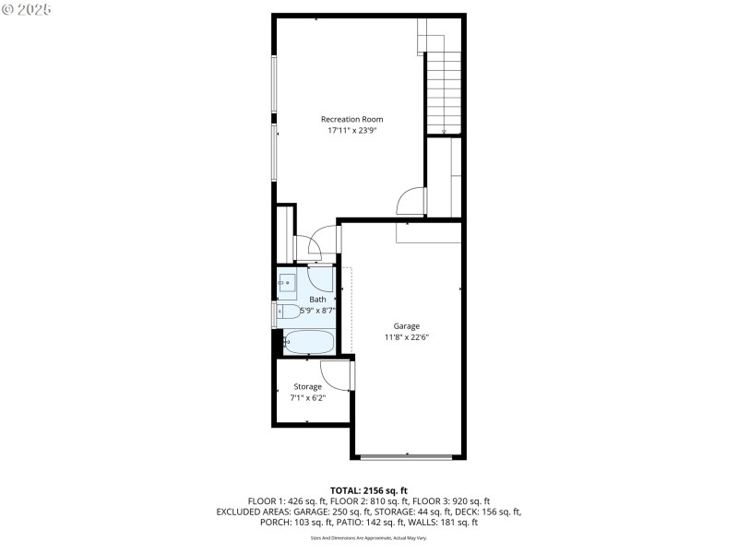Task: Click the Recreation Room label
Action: click(351, 119)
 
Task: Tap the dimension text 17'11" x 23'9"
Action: click(351, 131)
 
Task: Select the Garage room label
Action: click(406, 326)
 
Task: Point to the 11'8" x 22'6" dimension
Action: click(406, 337)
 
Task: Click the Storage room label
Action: click(307, 386)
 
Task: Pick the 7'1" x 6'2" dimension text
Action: click(307, 398)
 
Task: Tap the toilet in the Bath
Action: click(289, 312)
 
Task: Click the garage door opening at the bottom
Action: click(406, 456)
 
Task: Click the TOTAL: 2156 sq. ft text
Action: click(368, 489)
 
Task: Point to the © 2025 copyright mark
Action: click(27, 8)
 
